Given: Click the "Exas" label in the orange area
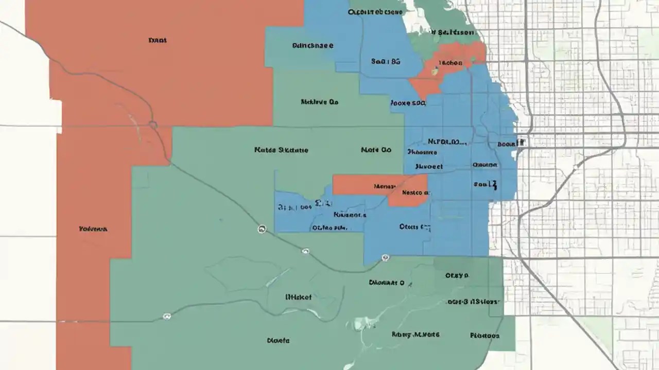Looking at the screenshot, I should click(x=157, y=40).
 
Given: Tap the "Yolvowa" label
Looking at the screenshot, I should click(x=93, y=229).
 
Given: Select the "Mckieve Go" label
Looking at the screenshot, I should click(x=319, y=102).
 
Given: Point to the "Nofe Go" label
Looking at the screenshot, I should click(x=376, y=150).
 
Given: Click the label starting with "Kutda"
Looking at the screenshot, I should click(x=281, y=150).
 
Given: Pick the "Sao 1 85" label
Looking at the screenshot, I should click(x=385, y=61).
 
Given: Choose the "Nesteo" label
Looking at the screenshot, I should click(x=415, y=193).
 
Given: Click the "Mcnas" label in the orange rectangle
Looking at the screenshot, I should click(x=384, y=186).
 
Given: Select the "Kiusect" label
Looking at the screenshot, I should click(x=350, y=215).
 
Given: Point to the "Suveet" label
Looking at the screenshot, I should click(x=428, y=166).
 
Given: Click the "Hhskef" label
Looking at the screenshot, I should click(x=298, y=297).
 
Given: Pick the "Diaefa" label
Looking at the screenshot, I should click(x=278, y=340).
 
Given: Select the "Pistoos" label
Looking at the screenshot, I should click(x=484, y=336).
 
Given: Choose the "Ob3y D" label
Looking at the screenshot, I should click(x=457, y=275).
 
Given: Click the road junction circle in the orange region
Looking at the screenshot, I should click(x=152, y=125).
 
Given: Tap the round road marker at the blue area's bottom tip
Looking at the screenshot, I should click(x=385, y=257).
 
